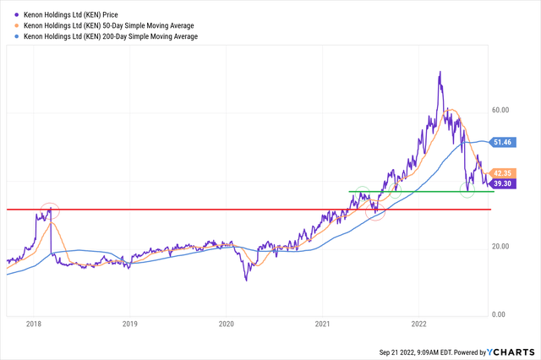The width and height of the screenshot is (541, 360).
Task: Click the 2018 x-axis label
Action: pos(34,323)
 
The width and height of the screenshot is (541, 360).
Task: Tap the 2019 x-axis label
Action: pos(129,323)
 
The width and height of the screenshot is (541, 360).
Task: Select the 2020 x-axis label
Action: pos(226,323)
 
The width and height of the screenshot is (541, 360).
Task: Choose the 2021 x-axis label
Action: pos(322,323)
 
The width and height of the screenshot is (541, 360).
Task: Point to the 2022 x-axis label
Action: pos(418,323)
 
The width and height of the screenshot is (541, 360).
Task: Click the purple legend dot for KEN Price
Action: pos(15,14)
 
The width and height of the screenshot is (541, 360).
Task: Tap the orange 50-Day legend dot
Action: pos(15,26)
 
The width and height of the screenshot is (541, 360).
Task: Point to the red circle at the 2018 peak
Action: pos(50,210)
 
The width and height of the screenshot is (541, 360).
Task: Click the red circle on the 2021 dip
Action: pos(376,212)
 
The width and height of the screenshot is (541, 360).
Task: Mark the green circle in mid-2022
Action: pos(468,189)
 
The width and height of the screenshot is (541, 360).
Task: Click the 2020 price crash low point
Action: pos(246,281)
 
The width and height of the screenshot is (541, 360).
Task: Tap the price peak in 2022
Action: pos(440,73)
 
